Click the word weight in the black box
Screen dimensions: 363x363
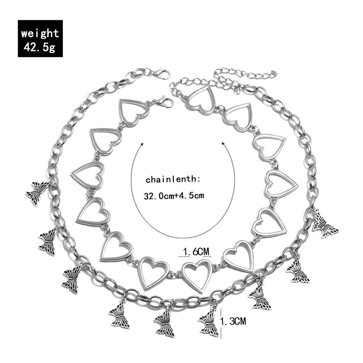tap(40, 33)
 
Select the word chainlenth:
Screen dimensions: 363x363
tap(173, 180)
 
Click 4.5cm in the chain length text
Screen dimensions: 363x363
tap(194, 195)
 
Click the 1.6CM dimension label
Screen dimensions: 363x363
tap(194, 251)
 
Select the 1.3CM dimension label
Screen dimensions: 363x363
tap(234, 321)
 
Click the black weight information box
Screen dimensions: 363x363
tap(40, 38)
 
